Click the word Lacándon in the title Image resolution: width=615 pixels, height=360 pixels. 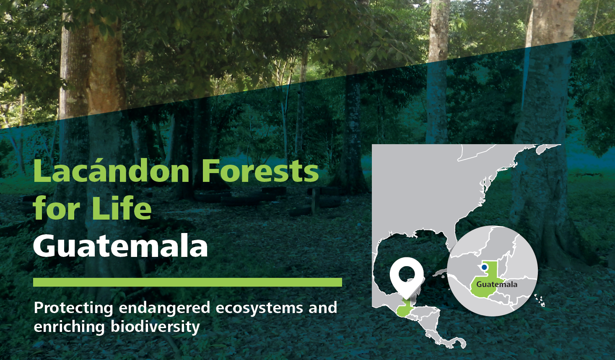coord(111,171)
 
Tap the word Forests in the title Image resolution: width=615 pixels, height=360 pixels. coord(260,171)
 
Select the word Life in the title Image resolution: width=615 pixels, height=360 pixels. coord(122,207)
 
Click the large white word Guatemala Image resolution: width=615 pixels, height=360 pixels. coord(120,245)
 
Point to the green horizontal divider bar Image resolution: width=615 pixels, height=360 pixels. coord(187,282)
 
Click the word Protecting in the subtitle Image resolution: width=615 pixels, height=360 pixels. coord(74,308)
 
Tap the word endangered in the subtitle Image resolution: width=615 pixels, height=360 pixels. coord(164,308)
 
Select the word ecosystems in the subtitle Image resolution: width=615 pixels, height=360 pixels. coord(259,308)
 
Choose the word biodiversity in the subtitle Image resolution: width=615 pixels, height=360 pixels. coord(155,327)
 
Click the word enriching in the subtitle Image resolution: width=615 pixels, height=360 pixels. coord(69,327)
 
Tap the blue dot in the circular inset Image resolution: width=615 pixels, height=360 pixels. coord(484,267)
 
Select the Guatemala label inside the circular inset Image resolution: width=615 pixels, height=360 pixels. coord(497,284)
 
